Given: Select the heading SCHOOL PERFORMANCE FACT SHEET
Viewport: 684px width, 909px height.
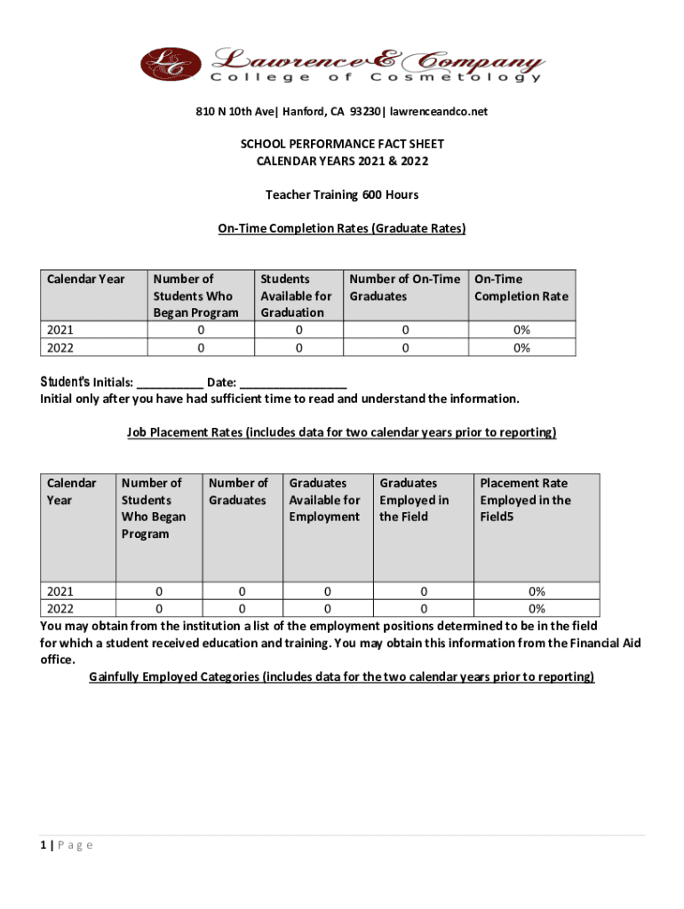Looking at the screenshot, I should tap(342, 144).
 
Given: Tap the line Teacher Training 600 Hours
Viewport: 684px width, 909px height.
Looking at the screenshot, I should tap(342, 194).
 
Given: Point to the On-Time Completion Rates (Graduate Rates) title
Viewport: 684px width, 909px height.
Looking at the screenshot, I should tap(342, 228).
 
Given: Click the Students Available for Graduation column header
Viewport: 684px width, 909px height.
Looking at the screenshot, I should tap(296, 296).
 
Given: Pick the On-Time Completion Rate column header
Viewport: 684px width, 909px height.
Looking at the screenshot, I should tap(521, 288).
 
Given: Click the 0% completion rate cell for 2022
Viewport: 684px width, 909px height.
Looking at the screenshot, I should tap(521, 348).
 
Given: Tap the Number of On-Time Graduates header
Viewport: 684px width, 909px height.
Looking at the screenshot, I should tap(404, 288).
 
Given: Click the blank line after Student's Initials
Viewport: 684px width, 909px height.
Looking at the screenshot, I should tap(170, 383).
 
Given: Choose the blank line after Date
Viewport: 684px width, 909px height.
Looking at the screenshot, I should tap(292, 383).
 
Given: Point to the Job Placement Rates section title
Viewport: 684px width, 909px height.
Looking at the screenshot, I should tap(342, 432).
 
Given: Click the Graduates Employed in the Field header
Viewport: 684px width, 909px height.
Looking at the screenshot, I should tap(415, 500).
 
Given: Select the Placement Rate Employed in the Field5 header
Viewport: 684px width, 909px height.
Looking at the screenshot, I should tap(525, 500).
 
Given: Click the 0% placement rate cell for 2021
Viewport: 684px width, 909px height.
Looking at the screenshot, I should tap(537, 591).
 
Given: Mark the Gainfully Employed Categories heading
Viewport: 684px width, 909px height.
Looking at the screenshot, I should tap(342, 676).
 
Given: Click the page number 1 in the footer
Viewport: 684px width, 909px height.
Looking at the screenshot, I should tap(44, 845).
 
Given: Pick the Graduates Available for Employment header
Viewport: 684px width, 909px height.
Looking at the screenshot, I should tap(324, 500).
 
